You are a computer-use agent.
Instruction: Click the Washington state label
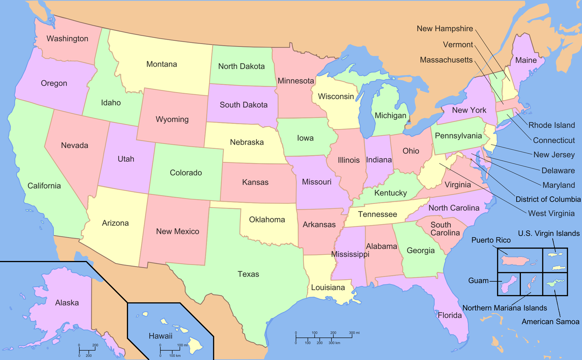(x=67, y=39)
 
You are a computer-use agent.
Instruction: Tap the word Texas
(x=248, y=274)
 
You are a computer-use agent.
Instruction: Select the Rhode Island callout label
(x=551, y=125)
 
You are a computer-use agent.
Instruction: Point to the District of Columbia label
(x=548, y=199)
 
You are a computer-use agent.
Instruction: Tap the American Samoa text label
(x=550, y=321)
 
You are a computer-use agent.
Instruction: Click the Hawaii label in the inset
(x=160, y=336)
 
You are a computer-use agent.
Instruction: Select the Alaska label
(x=67, y=303)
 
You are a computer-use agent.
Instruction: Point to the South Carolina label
(x=445, y=229)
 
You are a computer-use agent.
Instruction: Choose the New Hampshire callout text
(x=445, y=29)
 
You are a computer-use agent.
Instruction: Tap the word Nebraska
(x=247, y=142)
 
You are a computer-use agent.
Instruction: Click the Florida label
(x=450, y=315)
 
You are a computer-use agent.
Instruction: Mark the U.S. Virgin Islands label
(x=549, y=233)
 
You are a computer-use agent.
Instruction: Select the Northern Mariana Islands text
(x=505, y=308)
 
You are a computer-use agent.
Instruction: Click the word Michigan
(x=390, y=116)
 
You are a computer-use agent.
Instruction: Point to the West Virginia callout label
(x=551, y=213)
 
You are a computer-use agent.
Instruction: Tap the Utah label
(x=126, y=159)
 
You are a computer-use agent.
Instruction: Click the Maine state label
(x=526, y=60)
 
